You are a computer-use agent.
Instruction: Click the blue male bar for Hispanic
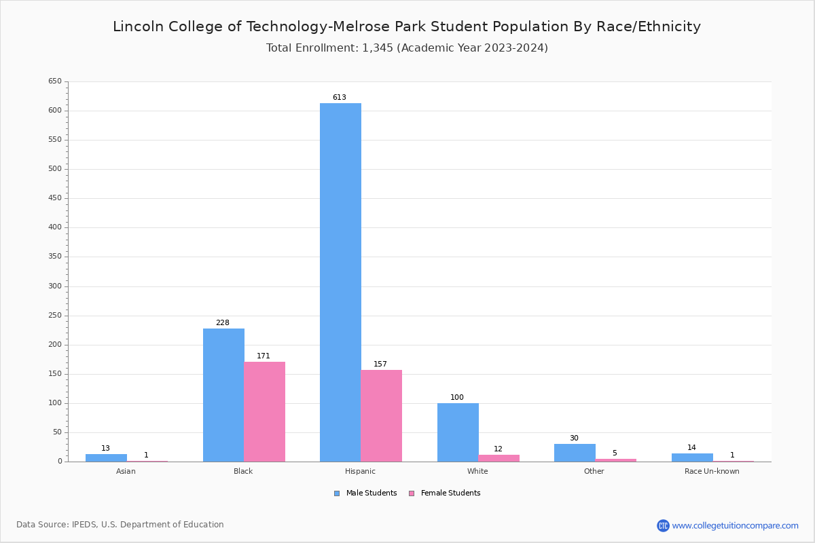pos(340,282)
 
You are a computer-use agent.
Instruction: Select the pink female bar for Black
pos(265,411)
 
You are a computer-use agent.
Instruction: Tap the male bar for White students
pos(458,432)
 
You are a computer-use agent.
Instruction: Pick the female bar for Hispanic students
pos(382,415)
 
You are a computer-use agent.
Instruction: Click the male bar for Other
pos(575,453)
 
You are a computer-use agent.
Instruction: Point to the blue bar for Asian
pos(106,457)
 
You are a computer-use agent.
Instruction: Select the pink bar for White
pos(499,458)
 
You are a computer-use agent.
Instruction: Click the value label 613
pos(340,98)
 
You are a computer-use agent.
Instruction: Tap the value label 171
pos(264,356)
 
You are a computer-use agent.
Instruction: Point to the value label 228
pos(223,323)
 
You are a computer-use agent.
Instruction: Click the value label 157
pos(380,364)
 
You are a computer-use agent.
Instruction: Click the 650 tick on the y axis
pos(54,81)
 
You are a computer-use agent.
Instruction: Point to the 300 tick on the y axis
pos(54,286)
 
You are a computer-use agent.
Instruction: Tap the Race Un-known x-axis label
pos(712,472)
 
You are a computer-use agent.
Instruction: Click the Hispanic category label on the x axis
pos(360,472)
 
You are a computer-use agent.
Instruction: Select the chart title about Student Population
pos(407,27)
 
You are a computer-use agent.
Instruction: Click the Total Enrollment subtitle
pos(407,48)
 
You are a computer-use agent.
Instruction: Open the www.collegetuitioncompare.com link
pos(735,525)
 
